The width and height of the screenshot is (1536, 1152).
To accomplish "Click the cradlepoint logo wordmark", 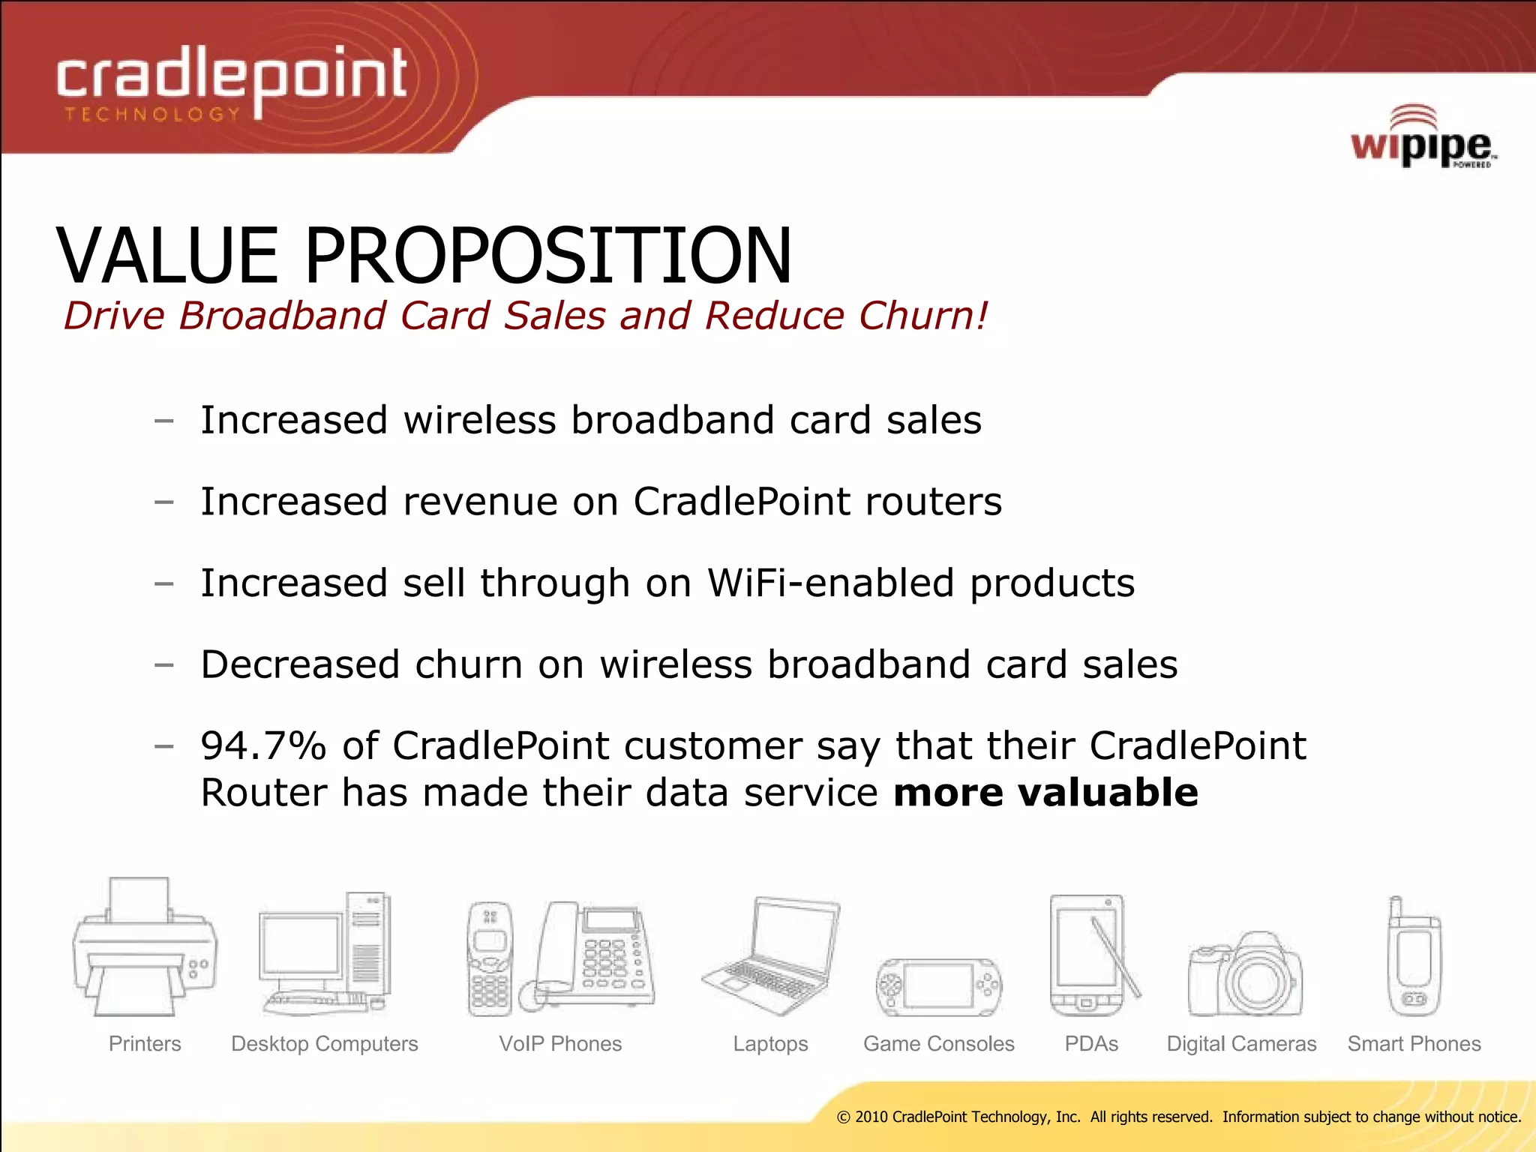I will click(x=232, y=79).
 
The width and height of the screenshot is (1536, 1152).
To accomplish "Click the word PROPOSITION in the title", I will click(x=547, y=256).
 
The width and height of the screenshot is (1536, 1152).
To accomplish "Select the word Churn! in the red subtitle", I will click(x=923, y=316).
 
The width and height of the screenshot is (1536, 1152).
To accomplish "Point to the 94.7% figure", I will click(x=263, y=746).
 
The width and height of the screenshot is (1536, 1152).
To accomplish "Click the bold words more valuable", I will click(x=1045, y=793).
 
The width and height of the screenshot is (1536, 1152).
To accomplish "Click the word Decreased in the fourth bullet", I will click(x=300, y=664).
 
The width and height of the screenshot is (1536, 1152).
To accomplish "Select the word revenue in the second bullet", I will click(x=480, y=502).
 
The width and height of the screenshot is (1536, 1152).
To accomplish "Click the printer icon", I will click(x=145, y=949).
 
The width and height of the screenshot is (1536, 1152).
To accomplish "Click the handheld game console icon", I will click(x=938, y=987).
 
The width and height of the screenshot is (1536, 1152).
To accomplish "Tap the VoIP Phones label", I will click(x=560, y=1044).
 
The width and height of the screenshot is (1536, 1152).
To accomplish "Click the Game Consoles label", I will click(x=938, y=1044).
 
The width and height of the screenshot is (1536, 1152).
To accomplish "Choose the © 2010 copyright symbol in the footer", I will click(x=843, y=1117).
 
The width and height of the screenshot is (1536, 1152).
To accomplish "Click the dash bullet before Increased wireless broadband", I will click(x=163, y=421).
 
